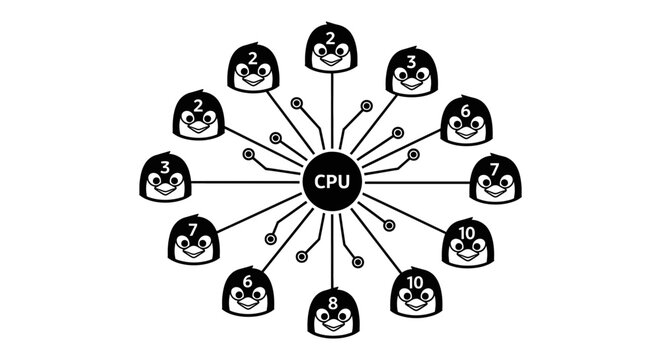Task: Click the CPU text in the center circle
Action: [331, 183]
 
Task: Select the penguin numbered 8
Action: [332, 312]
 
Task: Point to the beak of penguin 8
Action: [332, 323]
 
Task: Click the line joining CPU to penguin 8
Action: [331, 250]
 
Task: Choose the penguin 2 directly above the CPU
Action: [331, 48]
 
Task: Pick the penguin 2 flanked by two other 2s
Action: [253, 68]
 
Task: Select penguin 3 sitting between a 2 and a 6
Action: [410, 71]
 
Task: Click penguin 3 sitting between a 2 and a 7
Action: [165, 178]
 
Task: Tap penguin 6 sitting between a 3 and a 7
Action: [467, 121]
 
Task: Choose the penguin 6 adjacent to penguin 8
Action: [248, 290]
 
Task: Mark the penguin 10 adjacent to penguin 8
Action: [415, 291]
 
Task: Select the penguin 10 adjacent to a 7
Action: [467, 242]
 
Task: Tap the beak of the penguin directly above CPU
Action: [331, 59]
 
